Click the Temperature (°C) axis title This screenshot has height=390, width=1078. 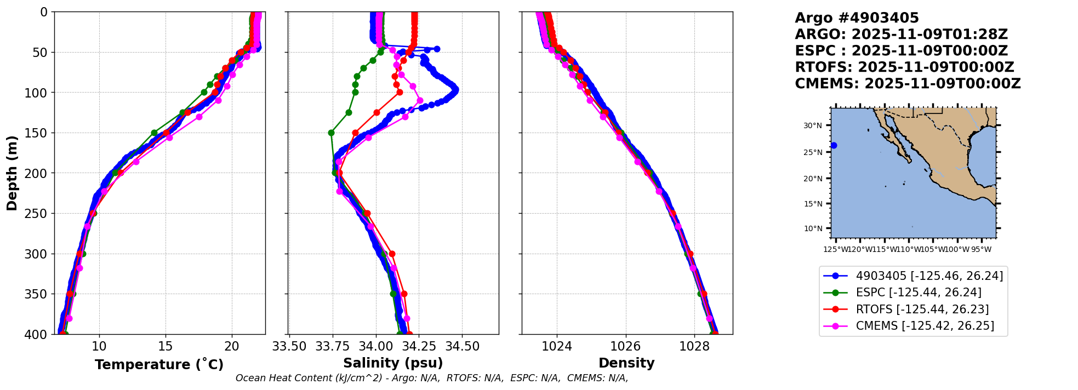pyautogui.click(x=159, y=365)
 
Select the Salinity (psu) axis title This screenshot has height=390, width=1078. pyautogui.click(x=393, y=363)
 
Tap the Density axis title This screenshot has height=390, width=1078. pyautogui.click(x=626, y=363)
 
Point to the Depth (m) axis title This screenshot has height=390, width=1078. pyautogui.click(x=12, y=173)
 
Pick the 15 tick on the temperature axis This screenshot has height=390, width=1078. pyautogui.click(x=166, y=347)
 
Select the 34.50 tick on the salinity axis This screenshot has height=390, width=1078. pyautogui.click(x=462, y=347)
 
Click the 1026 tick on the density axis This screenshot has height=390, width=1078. pyautogui.click(x=625, y=347)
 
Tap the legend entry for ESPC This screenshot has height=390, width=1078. pyautogui.click(x=919, y=293)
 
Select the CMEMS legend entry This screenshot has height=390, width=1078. pyautogui.click(x=925, y=326)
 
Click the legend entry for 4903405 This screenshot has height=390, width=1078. pyautogui.click(x=929, y=276)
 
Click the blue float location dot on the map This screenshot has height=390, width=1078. pyautogui.click(x=834, y=145)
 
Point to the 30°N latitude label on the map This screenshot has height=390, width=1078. pyautogui.click(x=813, y=125)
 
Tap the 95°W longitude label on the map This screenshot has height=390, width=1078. pyautogui.click(x=981, y=250)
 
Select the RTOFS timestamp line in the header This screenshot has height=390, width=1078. pyautogui.click(x=904, y=67)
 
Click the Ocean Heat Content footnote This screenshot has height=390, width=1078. pyautogui.click(x=432, y=378)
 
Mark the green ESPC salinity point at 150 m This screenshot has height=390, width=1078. pyautogui.click(x=331, y=133)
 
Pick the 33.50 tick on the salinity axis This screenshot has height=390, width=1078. pyautogui.click(x=289, y=347)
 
